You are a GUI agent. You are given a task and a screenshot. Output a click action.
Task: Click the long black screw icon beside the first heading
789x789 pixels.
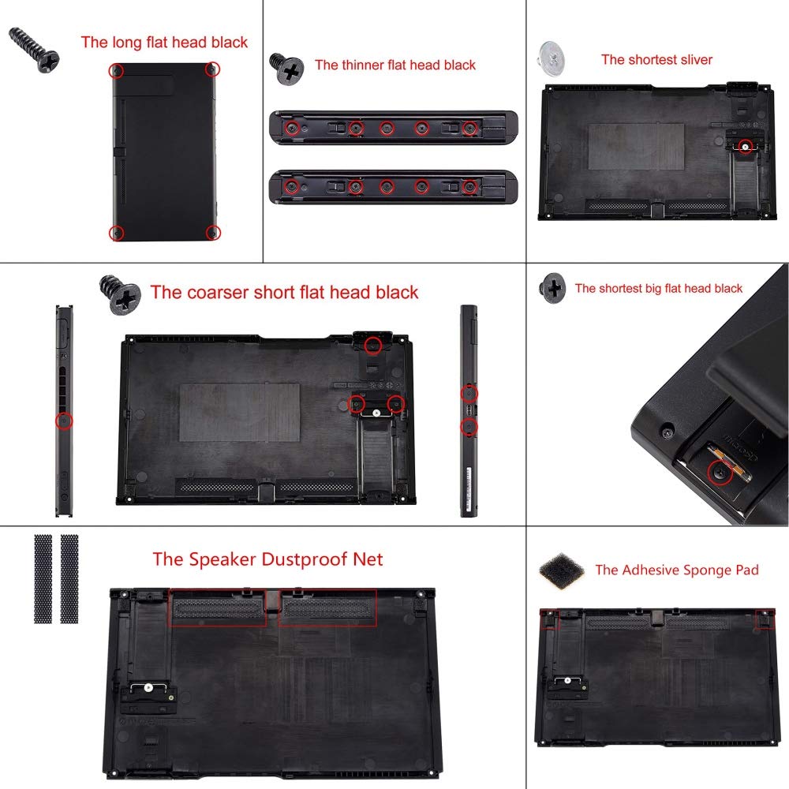click(x=35, y=49)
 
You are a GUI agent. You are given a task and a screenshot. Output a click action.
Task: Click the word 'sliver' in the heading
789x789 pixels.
click(x=691, y=59)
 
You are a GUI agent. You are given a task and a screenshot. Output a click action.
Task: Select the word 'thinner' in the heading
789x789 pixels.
click(x=364, y=65)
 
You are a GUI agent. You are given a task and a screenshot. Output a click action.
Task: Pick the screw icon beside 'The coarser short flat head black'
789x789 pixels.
click(x=120, y=294)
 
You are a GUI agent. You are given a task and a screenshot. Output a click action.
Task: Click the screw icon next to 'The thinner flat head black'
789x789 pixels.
click(x=287, y=69)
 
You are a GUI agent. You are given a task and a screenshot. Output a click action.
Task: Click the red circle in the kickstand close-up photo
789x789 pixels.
click(x=718, y=473)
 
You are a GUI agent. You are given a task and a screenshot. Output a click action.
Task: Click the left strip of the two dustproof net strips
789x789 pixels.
click(x=43, y=578)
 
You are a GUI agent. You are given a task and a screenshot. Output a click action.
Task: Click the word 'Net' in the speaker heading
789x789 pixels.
click(x=366, y=559)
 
